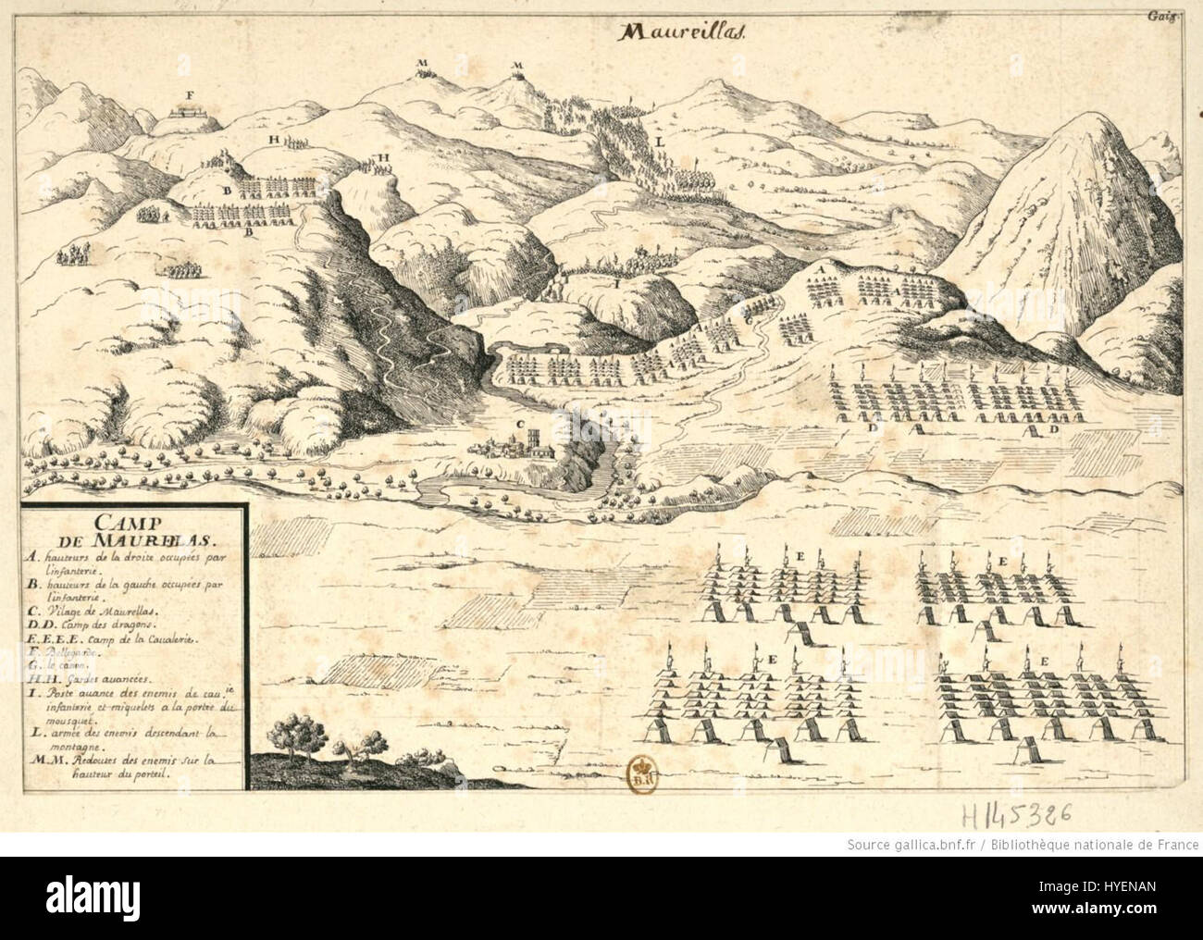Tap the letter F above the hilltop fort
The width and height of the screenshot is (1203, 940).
click(189, 95)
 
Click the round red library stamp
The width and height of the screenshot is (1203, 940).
click(639, 770)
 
